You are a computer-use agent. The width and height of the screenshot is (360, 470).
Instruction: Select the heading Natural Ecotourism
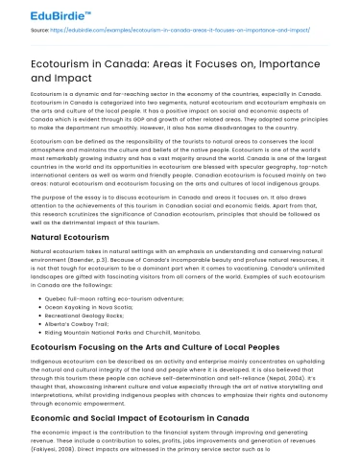pyautogui.click(x=71, y=235)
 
